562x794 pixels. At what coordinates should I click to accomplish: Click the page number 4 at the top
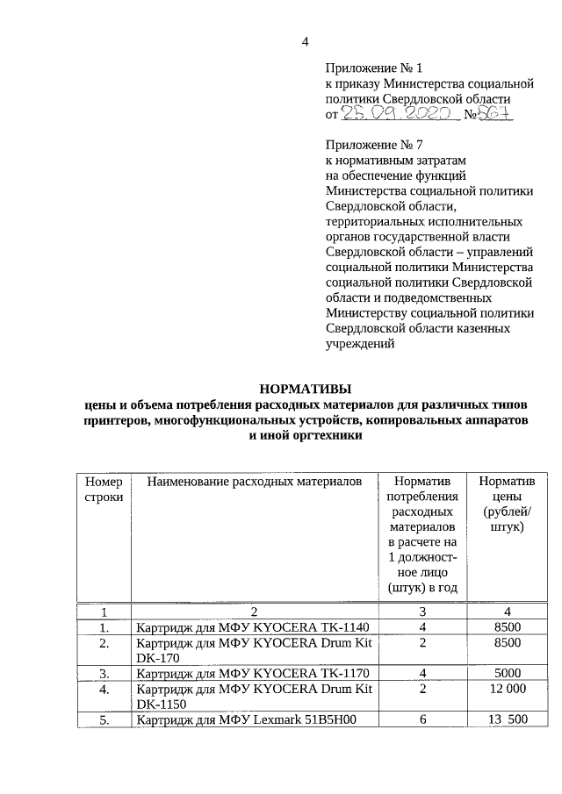click(306, 41)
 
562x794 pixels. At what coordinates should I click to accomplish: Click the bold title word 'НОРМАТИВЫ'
click(305, 388)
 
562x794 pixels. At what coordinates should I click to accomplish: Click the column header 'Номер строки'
click(104, 490)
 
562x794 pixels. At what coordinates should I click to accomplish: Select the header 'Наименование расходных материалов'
click(254, 483)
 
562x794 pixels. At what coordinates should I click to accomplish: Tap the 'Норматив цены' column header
click(508, 504)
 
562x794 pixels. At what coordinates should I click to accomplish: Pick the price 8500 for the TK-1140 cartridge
click(508, 627)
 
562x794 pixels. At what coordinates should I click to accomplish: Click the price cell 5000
click(508, 674)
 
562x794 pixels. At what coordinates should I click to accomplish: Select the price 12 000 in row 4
click(508, 690)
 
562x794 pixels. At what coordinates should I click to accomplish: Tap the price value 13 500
click(508, 721)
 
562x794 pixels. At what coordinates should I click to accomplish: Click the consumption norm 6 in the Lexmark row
click(422, 721)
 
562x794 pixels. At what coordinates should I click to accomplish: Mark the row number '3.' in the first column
click(104, 674)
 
